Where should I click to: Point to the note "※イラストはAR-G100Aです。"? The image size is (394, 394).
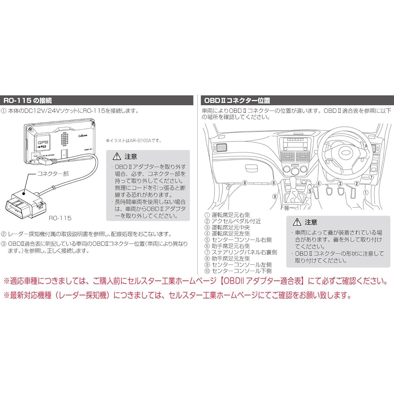pyautogui.click(x=134, y=140)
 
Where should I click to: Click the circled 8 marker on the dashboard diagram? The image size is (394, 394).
pyautogui.click(x=245, y=183)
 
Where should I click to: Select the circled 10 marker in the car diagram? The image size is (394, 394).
pyautogui.click(x=286, y=207)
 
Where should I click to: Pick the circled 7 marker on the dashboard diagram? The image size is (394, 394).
pyautogui.click(x=371, y=178)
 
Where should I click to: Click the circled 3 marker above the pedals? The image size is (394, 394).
pyautogui.click(x=339, y=183)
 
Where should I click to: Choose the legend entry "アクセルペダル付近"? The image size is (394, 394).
pyautogui.click(x=233, y=221)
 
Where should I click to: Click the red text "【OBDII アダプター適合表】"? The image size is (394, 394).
pyautogui.click(x=262, y=281)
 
